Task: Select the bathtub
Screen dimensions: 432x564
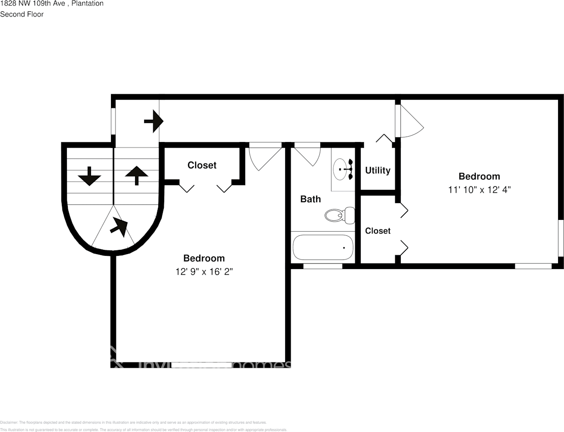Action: [x=322, y=247]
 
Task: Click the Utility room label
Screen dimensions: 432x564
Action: [x=378, y=170]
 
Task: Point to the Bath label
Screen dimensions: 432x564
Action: [x=310, y=199]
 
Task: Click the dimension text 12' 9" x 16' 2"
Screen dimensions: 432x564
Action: [x=204, y=272]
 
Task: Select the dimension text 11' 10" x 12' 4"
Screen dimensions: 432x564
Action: [x=479, y=190]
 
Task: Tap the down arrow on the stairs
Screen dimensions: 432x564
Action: [x=89, y=176]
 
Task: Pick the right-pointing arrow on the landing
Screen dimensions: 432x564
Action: [x=154, y=121]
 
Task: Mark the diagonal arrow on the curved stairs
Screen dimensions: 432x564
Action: [x=119, y=226]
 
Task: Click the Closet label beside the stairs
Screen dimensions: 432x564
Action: [x=202, y=165]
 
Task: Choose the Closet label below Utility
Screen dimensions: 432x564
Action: [x=378, y=231]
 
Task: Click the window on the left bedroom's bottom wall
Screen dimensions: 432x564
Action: [x=201, y=365]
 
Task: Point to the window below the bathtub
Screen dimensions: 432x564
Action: [x=322, y=266]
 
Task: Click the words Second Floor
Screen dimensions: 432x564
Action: [x=22, y=14]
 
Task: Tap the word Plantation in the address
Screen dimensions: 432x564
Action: [x=88, y=4]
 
